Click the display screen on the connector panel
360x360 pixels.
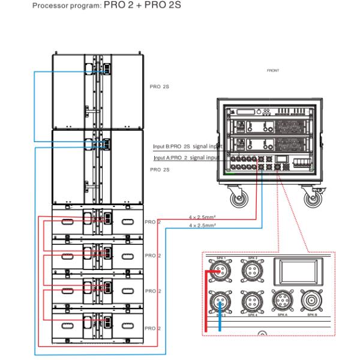point(298,272)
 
